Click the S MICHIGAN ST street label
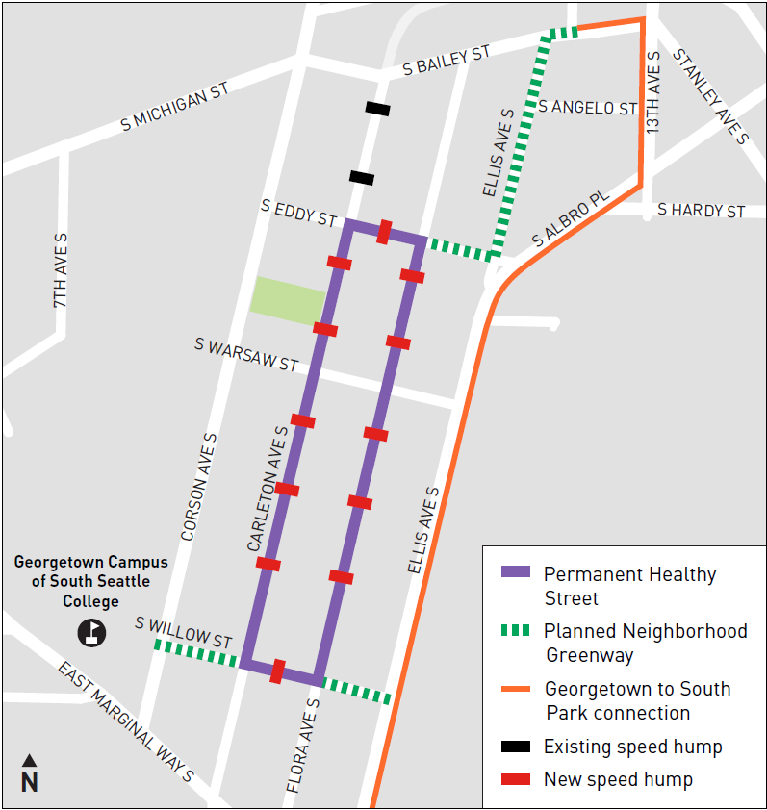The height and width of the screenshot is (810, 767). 174,106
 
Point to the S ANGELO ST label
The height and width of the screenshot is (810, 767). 588,107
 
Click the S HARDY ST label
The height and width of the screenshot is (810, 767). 701,210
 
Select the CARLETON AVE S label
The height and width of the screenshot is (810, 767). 268,489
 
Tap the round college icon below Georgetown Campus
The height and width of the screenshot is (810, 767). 92,632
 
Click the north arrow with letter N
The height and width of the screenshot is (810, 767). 29,774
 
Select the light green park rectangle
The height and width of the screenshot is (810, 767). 288,300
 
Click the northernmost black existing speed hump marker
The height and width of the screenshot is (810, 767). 377,109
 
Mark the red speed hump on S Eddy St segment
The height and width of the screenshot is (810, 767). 384,232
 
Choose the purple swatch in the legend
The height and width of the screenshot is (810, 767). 516,571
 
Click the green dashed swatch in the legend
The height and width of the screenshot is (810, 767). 516,630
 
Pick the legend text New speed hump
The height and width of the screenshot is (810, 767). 618,778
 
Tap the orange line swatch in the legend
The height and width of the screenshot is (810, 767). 516,689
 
